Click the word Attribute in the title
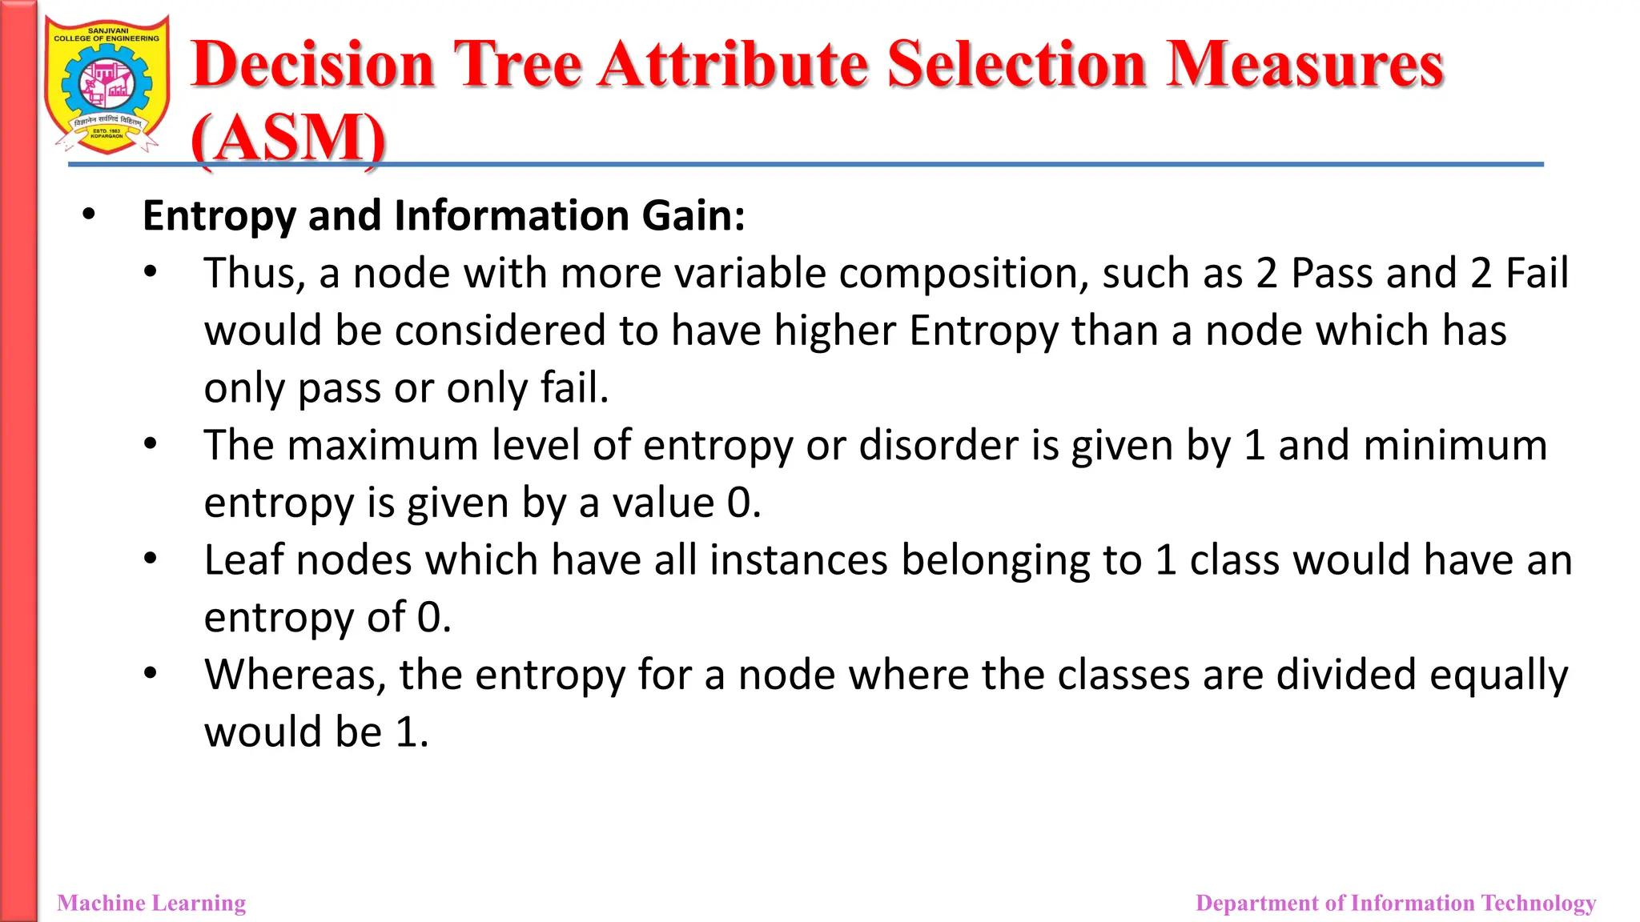(x=734, y=64)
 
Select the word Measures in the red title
(x=1304, y=64)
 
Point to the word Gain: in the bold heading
(x=693, y=216)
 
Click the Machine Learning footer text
(x=151, y=903)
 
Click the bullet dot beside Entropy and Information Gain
(x=88, y=214)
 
